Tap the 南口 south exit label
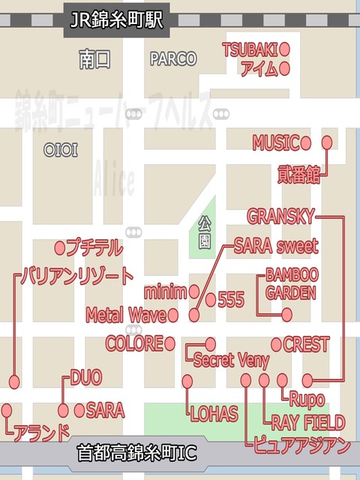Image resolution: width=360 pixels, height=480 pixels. click(x=94, y=60)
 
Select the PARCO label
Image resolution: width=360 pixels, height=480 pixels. click(x=172, y=58)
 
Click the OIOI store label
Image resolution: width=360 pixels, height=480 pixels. click(x=61, y=151)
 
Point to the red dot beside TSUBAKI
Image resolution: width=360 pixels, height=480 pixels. click(x=285, y=49)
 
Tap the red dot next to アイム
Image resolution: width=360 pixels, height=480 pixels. click(x=285, y=69)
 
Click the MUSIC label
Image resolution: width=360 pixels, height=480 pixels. click(x=275, y=142)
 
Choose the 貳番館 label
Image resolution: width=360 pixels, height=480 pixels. click(x=298, y=175)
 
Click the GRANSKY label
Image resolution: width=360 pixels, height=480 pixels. click(x=280, y=217)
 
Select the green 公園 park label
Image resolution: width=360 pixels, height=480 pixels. click(x=204, y=233)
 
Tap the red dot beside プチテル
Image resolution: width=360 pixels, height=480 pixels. click(x=60, y=247)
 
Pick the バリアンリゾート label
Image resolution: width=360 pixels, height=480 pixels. click(x=77, y=275)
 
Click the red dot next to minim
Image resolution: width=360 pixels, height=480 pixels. click(x=195, y=290)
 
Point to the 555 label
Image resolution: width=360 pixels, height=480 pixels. click(x=230, y=300)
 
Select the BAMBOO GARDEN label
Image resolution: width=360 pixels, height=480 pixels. click(x=291, y=283)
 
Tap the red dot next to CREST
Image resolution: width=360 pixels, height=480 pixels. click(x=276, y=344)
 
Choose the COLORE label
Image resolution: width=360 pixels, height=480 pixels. click(x=134, y=343)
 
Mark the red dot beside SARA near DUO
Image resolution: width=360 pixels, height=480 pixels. click(x=79, y=410)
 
